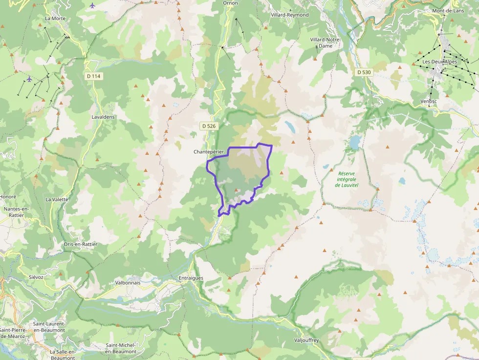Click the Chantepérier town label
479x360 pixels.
click(209, 152)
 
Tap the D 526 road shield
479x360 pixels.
click(208, 126)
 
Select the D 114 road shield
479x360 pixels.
click(93, 76)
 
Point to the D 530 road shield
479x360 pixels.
click(364, 72)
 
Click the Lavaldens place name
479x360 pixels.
click(103, 117)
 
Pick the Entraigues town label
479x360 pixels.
click(190, 278)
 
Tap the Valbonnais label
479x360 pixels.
click(128, 282)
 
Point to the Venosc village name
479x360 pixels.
click(428, 101)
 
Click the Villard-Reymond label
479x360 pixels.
click(290, 15)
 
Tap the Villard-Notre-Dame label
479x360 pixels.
click(325, 42)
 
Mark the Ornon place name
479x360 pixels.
click(230, 3)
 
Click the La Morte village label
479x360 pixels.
click(55, 19)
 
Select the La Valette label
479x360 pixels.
click(57, 199)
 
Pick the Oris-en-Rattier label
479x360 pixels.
click(81, 244)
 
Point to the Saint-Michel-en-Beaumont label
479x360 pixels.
click(121, 348)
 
